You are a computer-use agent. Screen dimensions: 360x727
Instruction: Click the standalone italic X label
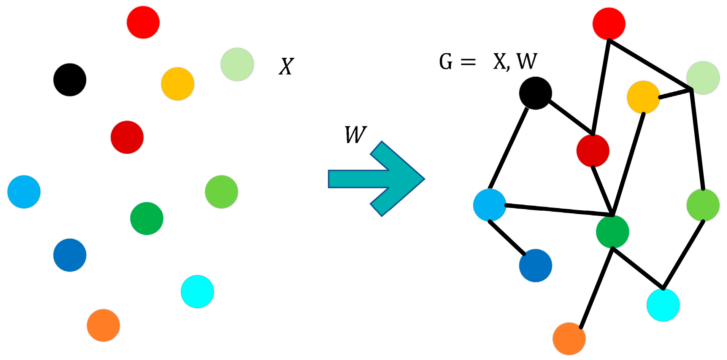pos(286,67)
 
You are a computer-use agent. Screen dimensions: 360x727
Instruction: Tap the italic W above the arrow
pos(356,135)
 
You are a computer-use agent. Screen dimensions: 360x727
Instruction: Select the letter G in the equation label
pos(446,62)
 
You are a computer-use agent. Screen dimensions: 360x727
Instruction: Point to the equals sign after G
pos(468,62)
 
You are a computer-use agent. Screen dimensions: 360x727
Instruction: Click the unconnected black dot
pos(70,80)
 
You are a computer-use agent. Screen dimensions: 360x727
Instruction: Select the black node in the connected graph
pos(535,93)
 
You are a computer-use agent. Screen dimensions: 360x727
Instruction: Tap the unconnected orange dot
pos(103,325)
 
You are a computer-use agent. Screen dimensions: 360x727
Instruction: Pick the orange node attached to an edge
pos(569,339)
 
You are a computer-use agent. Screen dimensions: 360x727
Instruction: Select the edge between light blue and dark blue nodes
pos(507,238)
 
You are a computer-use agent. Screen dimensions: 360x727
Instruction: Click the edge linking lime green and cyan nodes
pos(683,254)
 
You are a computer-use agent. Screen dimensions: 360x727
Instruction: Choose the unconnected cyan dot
pos(197,292)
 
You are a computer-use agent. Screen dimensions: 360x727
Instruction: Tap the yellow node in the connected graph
pos(643,97)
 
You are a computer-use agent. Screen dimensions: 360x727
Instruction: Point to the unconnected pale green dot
pos(237,64)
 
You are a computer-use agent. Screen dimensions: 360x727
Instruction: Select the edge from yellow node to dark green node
pos(628,163)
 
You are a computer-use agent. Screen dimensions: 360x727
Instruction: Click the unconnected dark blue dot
pos(70,255)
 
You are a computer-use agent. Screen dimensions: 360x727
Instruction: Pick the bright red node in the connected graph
pos(609,24)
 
